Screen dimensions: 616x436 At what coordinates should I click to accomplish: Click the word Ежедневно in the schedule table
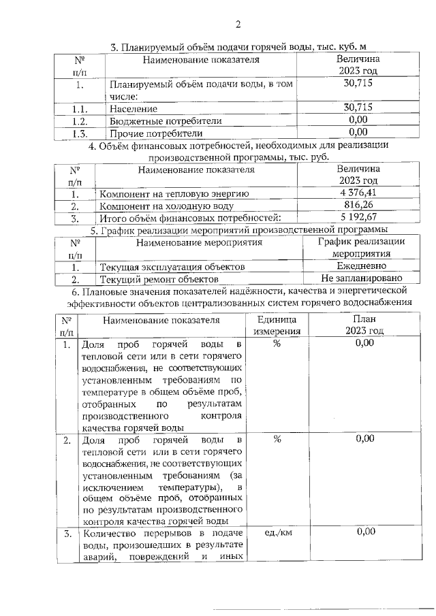point(361,266)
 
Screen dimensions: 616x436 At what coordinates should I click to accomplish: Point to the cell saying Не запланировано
point(361,278)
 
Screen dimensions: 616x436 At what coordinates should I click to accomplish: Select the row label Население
point(133,108)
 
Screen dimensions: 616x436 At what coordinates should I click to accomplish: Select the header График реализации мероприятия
point(361,247)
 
